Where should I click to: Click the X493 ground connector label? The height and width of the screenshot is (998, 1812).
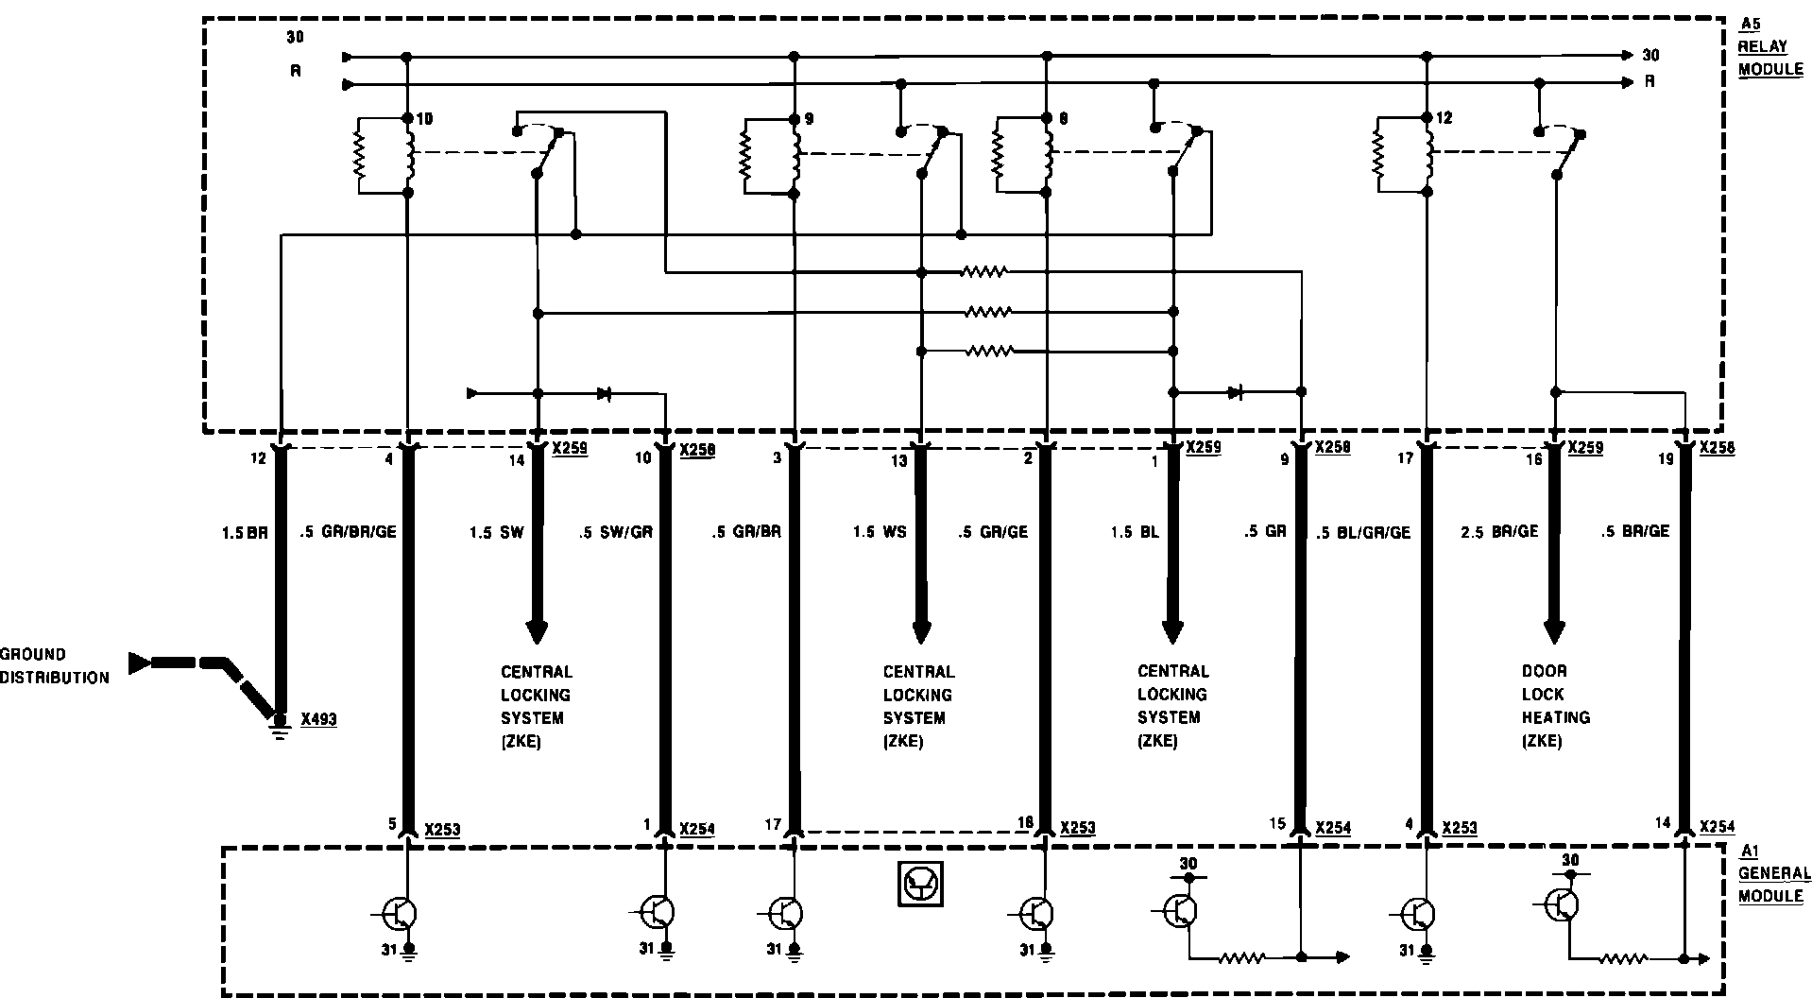[x=318, y=720]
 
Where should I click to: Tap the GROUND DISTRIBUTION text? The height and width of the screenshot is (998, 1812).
[x=54, y=665]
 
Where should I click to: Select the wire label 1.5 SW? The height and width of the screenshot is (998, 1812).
[x=496, y=533]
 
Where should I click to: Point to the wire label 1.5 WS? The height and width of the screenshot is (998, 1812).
[x=879, y=533]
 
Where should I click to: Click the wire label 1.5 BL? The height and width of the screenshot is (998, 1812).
[x=1134, y=533]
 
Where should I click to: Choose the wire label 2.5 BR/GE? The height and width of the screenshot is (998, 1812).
[x=1499, y=532]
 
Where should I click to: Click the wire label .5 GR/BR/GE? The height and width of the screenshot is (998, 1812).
[x=348, y=532]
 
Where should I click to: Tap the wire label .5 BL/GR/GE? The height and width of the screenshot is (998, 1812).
[x=1363, y=533]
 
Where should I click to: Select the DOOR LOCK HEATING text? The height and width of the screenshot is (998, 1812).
[x=1555, y=705]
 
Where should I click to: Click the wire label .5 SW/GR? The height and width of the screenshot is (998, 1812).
[x=615, y=533]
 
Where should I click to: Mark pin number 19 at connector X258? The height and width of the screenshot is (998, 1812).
[x=1665, y=458]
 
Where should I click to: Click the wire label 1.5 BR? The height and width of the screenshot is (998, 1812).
[x=245, y=533]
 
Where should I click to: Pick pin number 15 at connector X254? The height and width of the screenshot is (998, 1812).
[x=1277, y=824]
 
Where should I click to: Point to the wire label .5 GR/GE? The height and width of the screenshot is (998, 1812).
[x=992, y=533]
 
